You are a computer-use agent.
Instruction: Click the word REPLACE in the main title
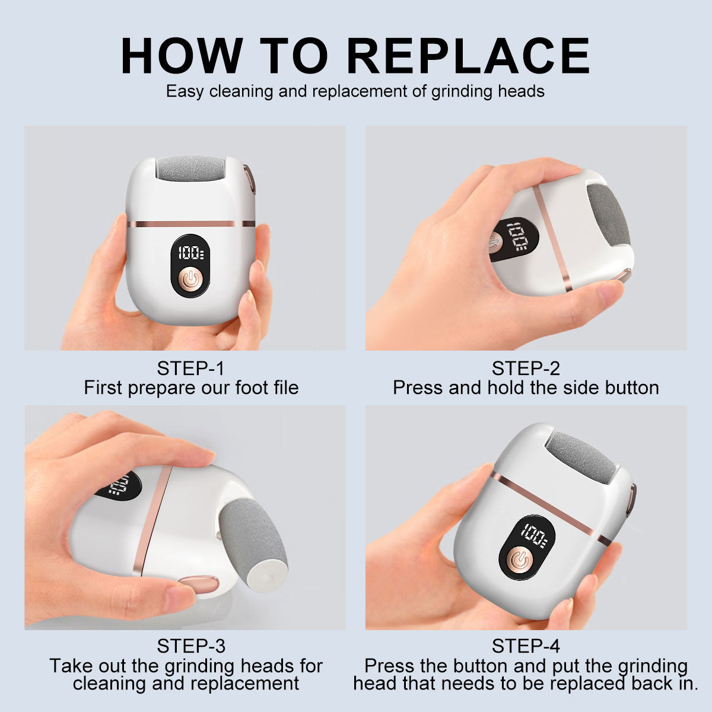[x=468, y=56]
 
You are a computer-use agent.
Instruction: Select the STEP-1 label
[x=190, y=368]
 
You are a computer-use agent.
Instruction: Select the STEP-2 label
[x=526, y=368]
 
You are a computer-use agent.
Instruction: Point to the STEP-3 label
[x=190, y=646]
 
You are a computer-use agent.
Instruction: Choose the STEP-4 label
[x=526, y=646]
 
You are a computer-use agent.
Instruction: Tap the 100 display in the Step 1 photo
[x=190, y=253]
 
